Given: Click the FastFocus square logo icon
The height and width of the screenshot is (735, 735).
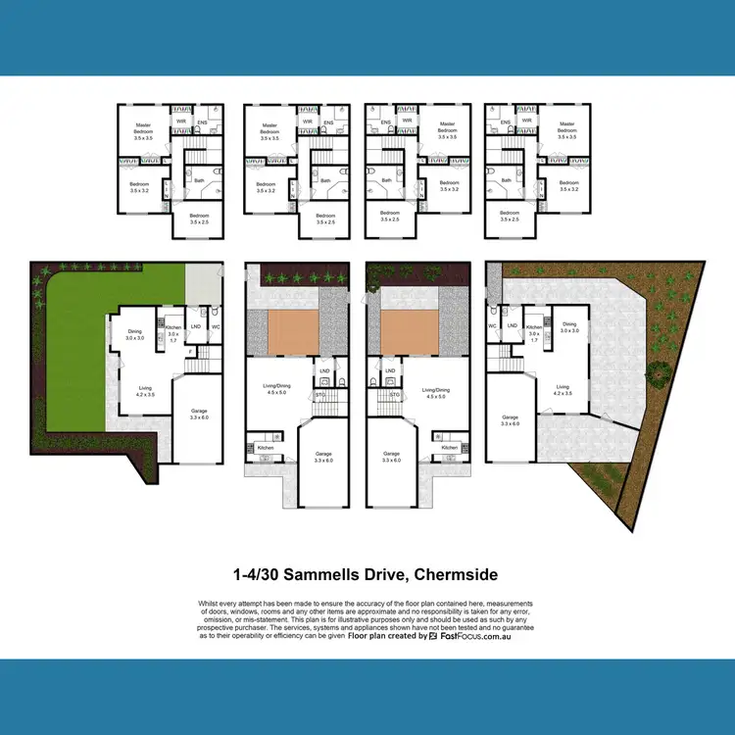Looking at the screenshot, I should (435, 635).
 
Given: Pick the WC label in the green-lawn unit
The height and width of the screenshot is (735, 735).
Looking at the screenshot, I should (216, 326).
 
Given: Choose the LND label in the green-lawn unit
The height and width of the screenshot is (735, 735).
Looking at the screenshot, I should (195, 326).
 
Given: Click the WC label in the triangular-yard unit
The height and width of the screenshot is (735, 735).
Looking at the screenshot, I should (492, 325).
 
